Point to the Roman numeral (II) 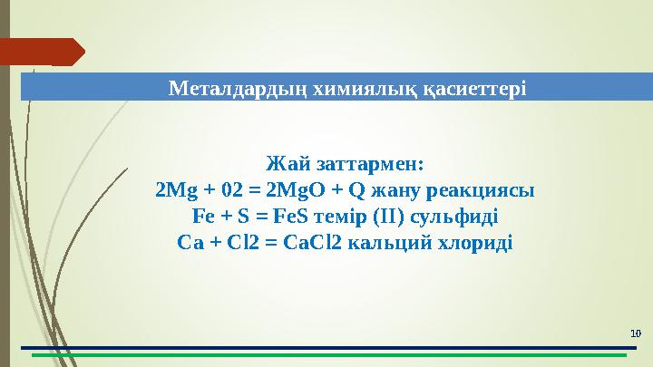[389, 217]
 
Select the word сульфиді [453, 217]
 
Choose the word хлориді [475, 244]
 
